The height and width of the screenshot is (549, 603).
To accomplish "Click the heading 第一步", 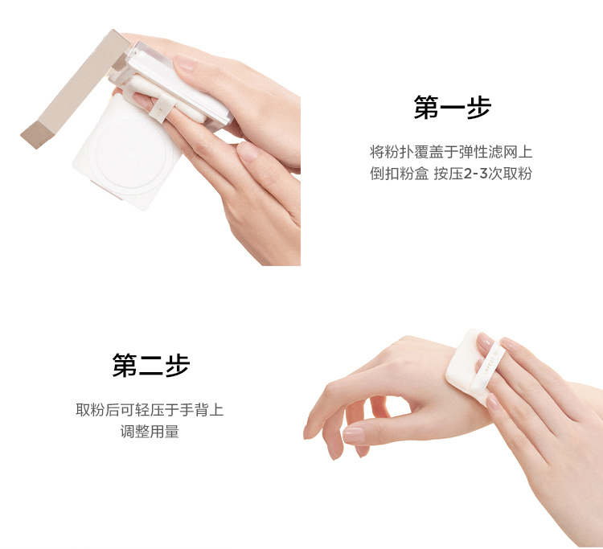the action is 452,107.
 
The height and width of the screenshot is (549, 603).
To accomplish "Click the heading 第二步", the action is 151,365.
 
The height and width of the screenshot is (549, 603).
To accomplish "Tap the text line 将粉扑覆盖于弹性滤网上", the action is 451,152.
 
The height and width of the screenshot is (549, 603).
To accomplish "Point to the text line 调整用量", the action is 150,432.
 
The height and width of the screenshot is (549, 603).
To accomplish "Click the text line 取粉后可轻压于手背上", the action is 150,409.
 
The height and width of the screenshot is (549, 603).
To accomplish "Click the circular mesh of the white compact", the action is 132,153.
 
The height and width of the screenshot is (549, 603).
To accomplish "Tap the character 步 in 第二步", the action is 178,365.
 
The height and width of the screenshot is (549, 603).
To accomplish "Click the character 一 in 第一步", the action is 452,108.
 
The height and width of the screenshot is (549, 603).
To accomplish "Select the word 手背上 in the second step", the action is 202,409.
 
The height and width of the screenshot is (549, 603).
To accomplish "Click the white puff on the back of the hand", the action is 470,368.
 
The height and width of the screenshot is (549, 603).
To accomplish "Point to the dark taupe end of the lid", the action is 36,133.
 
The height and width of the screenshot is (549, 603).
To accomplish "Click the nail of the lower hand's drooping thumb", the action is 354,436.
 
